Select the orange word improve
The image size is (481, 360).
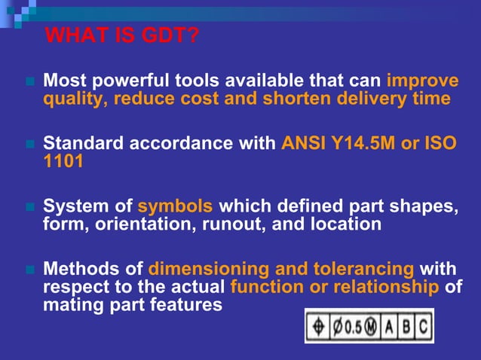(x=422, y=81)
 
